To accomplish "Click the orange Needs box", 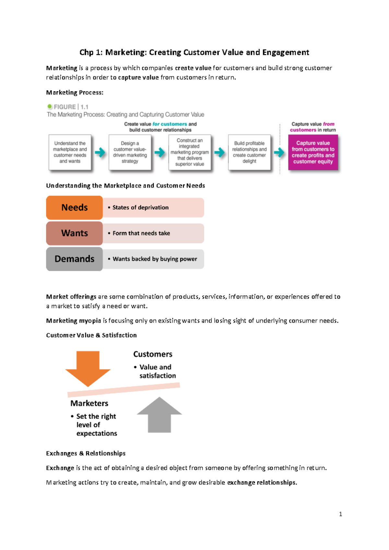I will click(74, 208).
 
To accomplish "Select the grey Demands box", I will click(74, 259).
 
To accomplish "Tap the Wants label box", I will click(74, 233).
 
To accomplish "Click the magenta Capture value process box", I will click(313, 152).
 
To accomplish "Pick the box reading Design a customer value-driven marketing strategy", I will click(130, 152).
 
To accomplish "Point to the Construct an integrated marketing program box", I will click(190, 152).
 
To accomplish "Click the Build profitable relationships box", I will click(249, 152).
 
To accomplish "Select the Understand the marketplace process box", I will click(70, 152).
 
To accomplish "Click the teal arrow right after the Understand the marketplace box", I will click(100, 152).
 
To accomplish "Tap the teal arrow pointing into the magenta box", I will click(279, 152).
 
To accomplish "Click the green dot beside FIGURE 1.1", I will click(50, 107).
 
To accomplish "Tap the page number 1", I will click(340, 514).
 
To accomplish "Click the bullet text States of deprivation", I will click(140, 208).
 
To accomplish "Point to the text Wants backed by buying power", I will click(155, 259).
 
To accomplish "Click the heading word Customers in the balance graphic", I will click(153, 354).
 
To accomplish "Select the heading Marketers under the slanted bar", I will click(89, 403).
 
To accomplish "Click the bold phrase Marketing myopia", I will click(74, 321).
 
